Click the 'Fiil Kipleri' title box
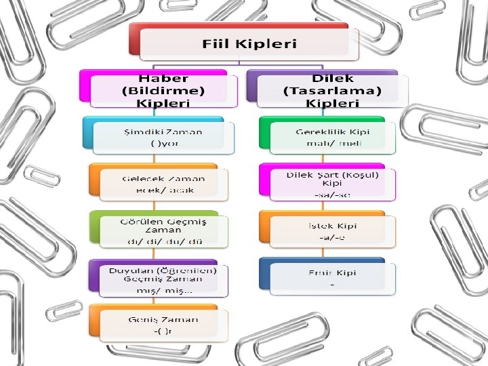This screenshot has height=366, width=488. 249,43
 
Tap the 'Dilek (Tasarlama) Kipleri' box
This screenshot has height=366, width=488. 332,90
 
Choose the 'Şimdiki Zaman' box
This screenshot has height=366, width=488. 163,136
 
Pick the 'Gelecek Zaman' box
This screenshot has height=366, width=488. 163,184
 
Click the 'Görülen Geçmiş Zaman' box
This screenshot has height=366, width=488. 163,230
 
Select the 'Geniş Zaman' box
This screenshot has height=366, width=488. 163,325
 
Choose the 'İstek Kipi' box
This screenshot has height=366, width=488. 331,230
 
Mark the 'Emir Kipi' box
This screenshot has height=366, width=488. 331,278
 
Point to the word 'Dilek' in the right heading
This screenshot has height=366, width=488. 332,78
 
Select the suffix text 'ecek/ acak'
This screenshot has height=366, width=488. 163,190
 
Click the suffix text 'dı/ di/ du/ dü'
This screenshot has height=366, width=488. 163,241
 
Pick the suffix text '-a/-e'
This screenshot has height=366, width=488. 331,238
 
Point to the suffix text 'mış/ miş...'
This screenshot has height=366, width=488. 163,289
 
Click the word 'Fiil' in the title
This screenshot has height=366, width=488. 218,44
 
